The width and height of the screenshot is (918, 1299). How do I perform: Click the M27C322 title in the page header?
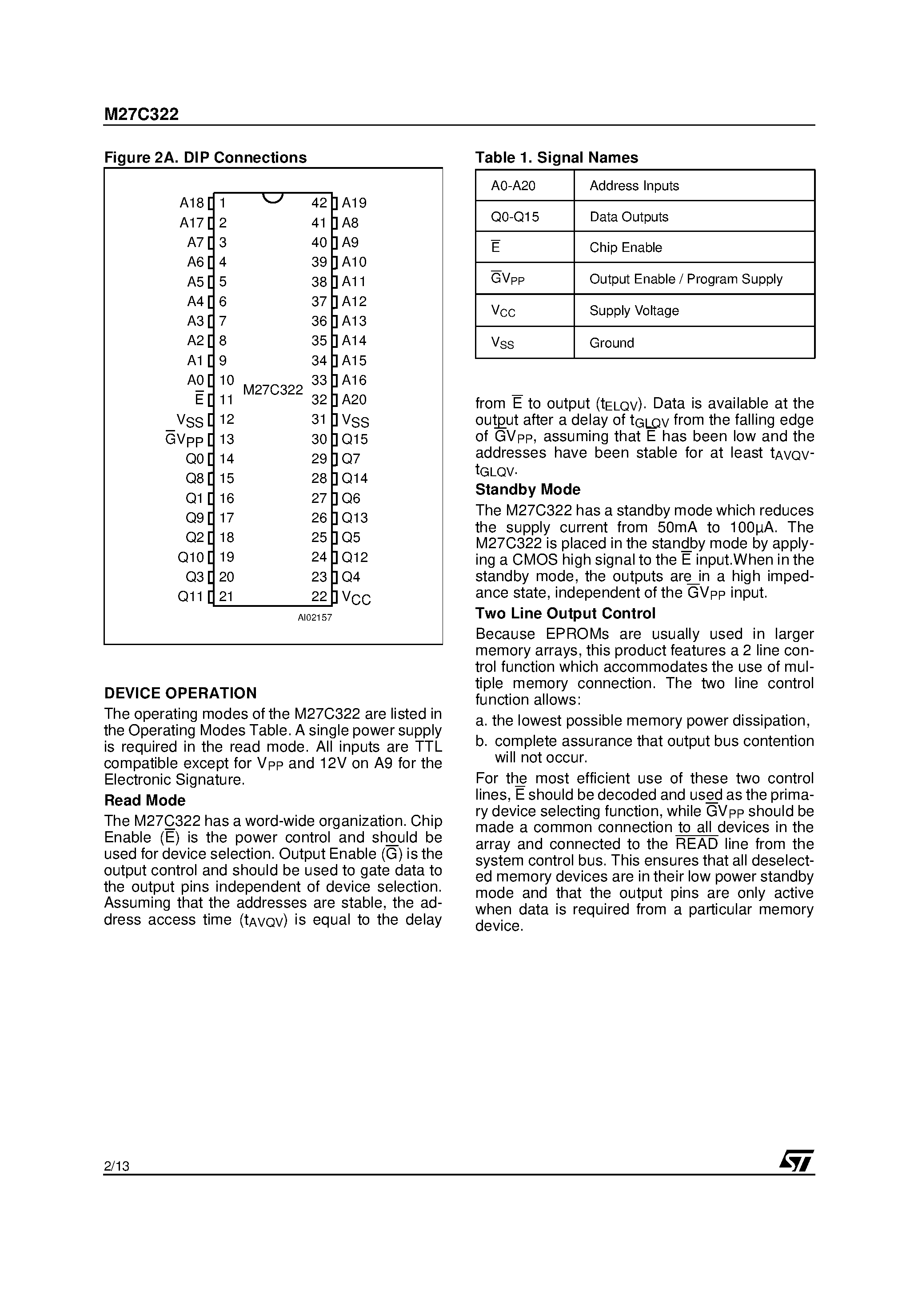pyautogui.click(x=141, y=114)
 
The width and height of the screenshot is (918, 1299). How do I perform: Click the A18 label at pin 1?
pyautogui.click(x=192, y=203)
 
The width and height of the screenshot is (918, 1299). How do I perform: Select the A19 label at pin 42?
pyautogui.click(x=354, y=203)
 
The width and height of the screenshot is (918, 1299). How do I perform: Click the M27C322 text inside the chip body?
pyautogui.click(x=273, y=390)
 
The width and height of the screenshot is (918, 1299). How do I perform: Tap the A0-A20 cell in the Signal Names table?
pyautogui.click(x=513, y=186)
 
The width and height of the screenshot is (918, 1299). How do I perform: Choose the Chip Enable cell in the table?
pyautogui.click(x=625, y=248)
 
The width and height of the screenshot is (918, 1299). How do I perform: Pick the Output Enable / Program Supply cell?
pyautogui.click(x=685, y=279)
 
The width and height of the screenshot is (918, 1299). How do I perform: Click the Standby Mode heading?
pyautogui.click(x=527, y=490)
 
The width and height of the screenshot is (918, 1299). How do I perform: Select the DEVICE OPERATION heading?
pyautogui.click(x=180, y=693)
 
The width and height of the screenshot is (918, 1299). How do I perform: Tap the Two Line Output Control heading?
pyautogui.click(x=565, y=613)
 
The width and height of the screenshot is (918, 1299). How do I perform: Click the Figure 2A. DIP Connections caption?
pyautogui.click(x=205, y=157)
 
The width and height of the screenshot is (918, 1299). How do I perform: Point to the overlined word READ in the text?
pyautogui.click(x=697, y=844)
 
